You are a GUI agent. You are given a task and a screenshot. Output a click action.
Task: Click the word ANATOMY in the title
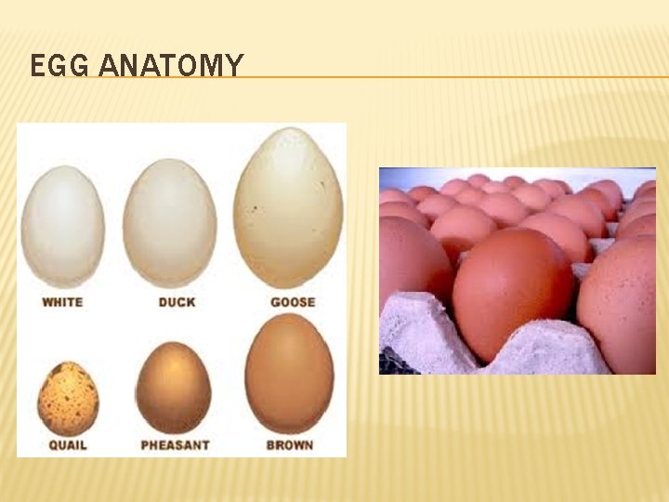(x=171, y=67)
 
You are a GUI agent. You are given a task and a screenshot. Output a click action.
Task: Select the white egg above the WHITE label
(x=62, y=226)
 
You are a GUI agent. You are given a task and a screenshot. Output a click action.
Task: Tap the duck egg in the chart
(x=169, y=223)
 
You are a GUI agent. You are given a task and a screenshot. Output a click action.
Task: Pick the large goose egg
(x=289, y=208)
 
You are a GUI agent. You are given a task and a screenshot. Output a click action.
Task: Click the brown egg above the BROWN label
(x=289, y=374)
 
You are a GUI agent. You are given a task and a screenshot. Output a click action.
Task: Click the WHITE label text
(x=62, y=301)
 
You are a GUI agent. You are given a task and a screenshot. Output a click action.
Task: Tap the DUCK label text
(x=177, y=301)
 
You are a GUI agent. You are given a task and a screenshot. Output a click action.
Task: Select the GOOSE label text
(x=293, y=301)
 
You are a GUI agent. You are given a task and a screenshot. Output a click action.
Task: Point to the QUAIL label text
(x=68, y=444)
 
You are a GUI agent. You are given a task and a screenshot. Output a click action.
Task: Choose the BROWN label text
(x=290, y=444)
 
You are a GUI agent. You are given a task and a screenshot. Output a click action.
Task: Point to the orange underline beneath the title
(x=446, y=77)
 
